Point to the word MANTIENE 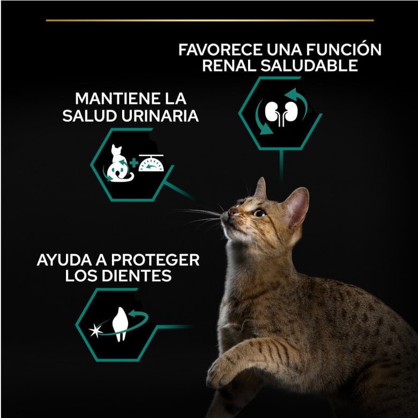(x=110, y=99)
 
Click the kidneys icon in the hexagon (x=280, y=113)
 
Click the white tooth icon (x=119, y=324)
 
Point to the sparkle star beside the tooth (x=96, y=330)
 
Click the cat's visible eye (x=259, y=213)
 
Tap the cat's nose (x=232, y=212)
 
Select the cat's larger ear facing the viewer (x=296, y=206)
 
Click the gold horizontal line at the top (x=210, y=20)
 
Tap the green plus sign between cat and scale (x=134, y=162)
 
